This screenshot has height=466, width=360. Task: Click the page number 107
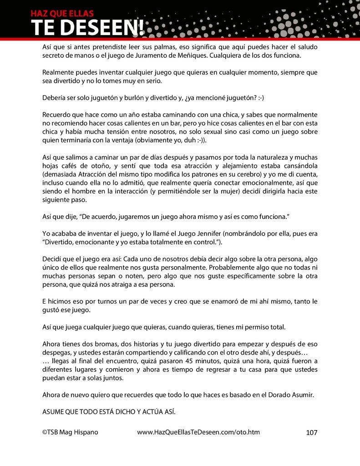tap(312, 432)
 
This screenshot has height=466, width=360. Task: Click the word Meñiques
tap(188, 55)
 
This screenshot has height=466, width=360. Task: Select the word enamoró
tap(221, 301)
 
